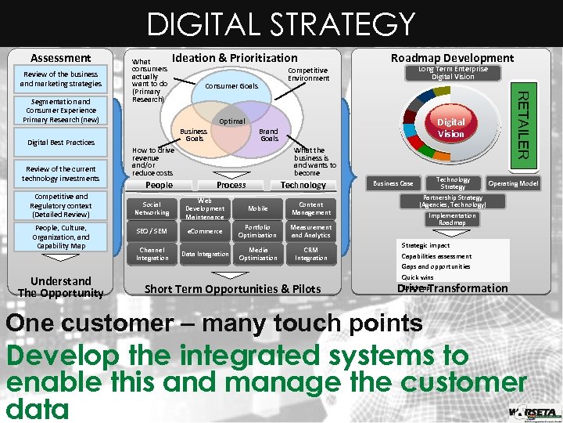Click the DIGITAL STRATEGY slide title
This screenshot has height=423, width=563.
coord(281,24)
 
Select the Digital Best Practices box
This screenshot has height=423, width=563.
coord(61,143)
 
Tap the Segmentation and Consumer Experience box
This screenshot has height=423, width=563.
coord(61,110)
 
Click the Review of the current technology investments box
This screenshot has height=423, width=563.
coord(61,174)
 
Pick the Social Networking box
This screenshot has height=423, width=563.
coord(152,208)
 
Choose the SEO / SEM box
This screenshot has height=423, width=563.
coord(152,231)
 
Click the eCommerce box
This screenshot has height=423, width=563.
coord(205,231)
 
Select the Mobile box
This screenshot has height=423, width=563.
coord(258,208)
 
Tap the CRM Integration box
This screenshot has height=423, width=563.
coord(311,254)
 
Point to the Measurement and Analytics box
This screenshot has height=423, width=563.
coord(311,231)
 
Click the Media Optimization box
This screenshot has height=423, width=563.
coord(258,254)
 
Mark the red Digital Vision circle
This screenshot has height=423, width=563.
coord(450,128)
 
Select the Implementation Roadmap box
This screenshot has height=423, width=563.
coord(452,219)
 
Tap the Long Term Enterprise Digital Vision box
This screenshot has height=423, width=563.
coord(453,73)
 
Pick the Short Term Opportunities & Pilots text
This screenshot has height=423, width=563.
coord(233,289)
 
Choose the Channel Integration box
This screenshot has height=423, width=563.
coord(152,254)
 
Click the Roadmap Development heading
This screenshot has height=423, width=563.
coord(452,57)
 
